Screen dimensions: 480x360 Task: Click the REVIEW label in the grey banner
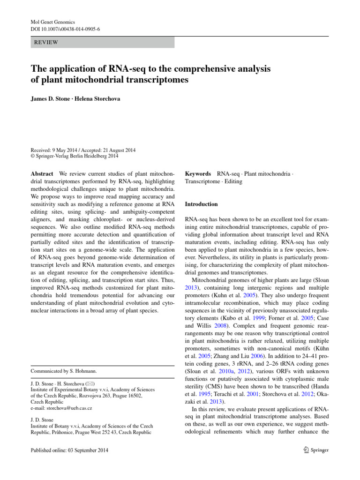[46, 42]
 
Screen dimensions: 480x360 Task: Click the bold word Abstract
[42, 173]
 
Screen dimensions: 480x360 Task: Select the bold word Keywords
[198, 173]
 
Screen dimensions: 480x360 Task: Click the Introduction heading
[201, 204]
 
